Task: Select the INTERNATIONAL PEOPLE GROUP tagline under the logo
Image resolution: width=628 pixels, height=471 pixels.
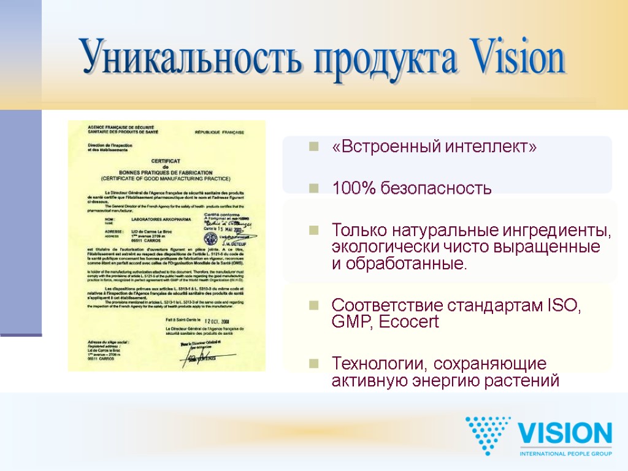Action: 565,453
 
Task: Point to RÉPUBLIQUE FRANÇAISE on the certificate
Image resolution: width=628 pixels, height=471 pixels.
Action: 219,132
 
